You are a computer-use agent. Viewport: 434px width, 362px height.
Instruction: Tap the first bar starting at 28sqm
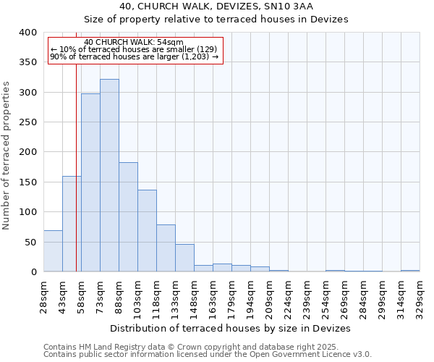coord(53,251)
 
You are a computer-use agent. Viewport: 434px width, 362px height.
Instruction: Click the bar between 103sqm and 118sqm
coord(147,231)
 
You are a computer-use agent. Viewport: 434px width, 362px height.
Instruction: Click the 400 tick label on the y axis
coord(27,33)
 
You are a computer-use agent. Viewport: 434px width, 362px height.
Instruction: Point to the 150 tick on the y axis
coord(27,182)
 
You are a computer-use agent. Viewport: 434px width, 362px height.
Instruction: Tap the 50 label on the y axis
coord(30,243)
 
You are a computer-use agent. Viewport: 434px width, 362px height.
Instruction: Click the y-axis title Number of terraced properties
coord(7,156)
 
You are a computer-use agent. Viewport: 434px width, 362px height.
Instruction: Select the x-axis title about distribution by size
coord(231,328)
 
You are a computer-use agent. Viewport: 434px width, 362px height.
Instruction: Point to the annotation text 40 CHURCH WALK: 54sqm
coord(134,43)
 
